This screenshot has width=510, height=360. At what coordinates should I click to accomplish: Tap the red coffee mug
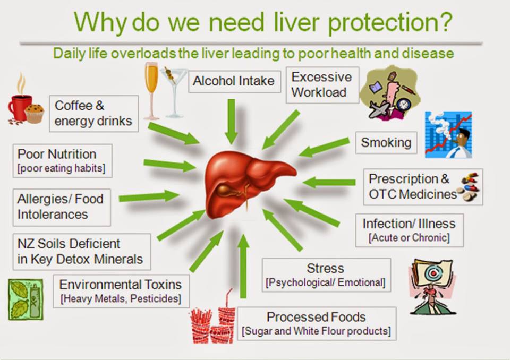click(19, 108)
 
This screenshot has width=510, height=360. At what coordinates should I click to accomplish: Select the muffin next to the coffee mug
click(34, 114)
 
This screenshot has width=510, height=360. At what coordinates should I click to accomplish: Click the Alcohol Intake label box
click(234, 81)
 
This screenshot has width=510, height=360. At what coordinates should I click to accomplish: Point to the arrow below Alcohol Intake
click(231, 122)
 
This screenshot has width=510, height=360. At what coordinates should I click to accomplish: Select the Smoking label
click(386, 142)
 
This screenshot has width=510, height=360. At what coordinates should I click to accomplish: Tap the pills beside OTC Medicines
click(469, 187)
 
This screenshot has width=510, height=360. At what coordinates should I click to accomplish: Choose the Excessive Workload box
click(322, 85)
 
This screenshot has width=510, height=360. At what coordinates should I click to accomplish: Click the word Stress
click(325, 268)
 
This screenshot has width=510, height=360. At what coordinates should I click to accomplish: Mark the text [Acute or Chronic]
click(409, 238)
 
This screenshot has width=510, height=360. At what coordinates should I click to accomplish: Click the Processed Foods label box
click(317, 323)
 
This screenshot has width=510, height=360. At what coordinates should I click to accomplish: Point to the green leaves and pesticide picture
click(25, 299)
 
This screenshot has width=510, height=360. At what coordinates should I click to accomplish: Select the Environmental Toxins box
click(121, 291)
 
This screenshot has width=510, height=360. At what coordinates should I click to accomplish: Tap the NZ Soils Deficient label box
click(82, 252)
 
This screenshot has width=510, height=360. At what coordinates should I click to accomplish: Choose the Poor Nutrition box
click(63, 161)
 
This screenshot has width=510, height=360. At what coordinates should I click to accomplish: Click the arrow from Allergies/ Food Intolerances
click(149, 196)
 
